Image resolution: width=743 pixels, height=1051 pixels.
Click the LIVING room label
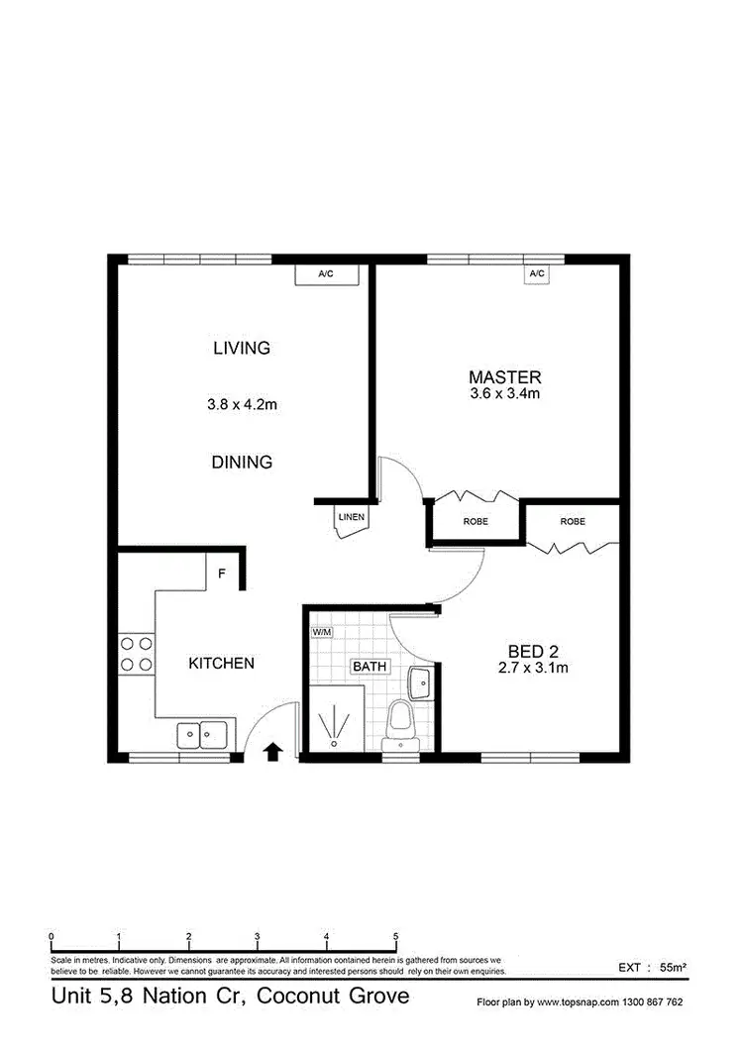[242, 348]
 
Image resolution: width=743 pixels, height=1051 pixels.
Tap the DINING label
[242, 462]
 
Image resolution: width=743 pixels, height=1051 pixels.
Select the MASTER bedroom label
[504, 376]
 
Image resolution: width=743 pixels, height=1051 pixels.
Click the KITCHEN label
[221, 663]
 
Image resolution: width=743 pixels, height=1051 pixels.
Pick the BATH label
[370, 667]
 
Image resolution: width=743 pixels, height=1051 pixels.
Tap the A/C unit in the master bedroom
[537, 273]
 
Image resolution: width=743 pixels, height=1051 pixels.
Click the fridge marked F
[223, 572]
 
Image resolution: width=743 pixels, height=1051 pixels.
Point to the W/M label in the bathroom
[321, 632]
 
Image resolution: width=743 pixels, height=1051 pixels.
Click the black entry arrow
[271, 752]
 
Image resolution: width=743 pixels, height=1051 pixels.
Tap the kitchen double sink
[202, 735]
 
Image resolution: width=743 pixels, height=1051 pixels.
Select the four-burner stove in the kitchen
[136, 655]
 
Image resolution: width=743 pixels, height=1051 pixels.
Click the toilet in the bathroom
[399, 718]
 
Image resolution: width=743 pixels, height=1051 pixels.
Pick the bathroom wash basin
[418, 682]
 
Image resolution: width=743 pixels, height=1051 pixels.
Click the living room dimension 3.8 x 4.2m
[241, 404]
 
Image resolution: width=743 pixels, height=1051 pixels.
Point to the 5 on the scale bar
[395, 936]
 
